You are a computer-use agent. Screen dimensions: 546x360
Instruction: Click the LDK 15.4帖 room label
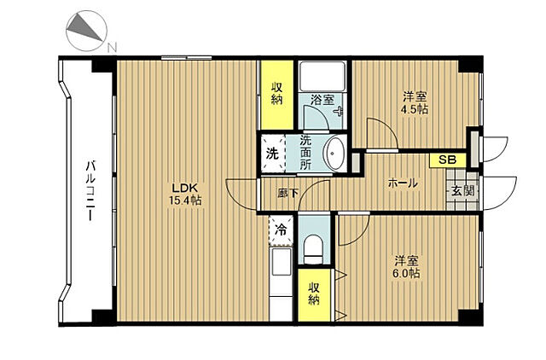[185, 194]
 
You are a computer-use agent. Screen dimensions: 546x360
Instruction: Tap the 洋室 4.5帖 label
[415, 103]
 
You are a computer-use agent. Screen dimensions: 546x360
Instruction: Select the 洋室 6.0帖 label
[406, 267]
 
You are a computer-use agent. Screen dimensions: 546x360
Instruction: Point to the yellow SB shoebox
[447, 160]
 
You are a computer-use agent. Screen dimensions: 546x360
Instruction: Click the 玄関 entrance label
[462, 190]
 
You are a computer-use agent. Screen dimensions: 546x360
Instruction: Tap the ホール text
[403, 183]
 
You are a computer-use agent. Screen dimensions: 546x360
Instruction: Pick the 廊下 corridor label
[288, 193]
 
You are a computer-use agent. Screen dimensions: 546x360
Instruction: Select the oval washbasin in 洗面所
[334, 154]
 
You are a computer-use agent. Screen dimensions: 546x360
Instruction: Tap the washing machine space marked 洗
[272, 153]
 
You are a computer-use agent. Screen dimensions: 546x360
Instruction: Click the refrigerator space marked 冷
[281, 230]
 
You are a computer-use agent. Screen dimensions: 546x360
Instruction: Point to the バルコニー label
[90, 190]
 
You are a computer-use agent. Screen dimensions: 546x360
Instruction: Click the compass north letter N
[112, 48]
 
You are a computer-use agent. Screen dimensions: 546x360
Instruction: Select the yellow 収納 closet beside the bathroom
[276, 95]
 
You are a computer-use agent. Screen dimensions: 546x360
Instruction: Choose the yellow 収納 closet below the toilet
[314, 294]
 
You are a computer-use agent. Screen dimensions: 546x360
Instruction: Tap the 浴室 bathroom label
[322, 100]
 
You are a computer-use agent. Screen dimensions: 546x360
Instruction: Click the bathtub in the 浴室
[322, 77]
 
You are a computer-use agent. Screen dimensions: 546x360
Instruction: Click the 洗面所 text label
[305, 153]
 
